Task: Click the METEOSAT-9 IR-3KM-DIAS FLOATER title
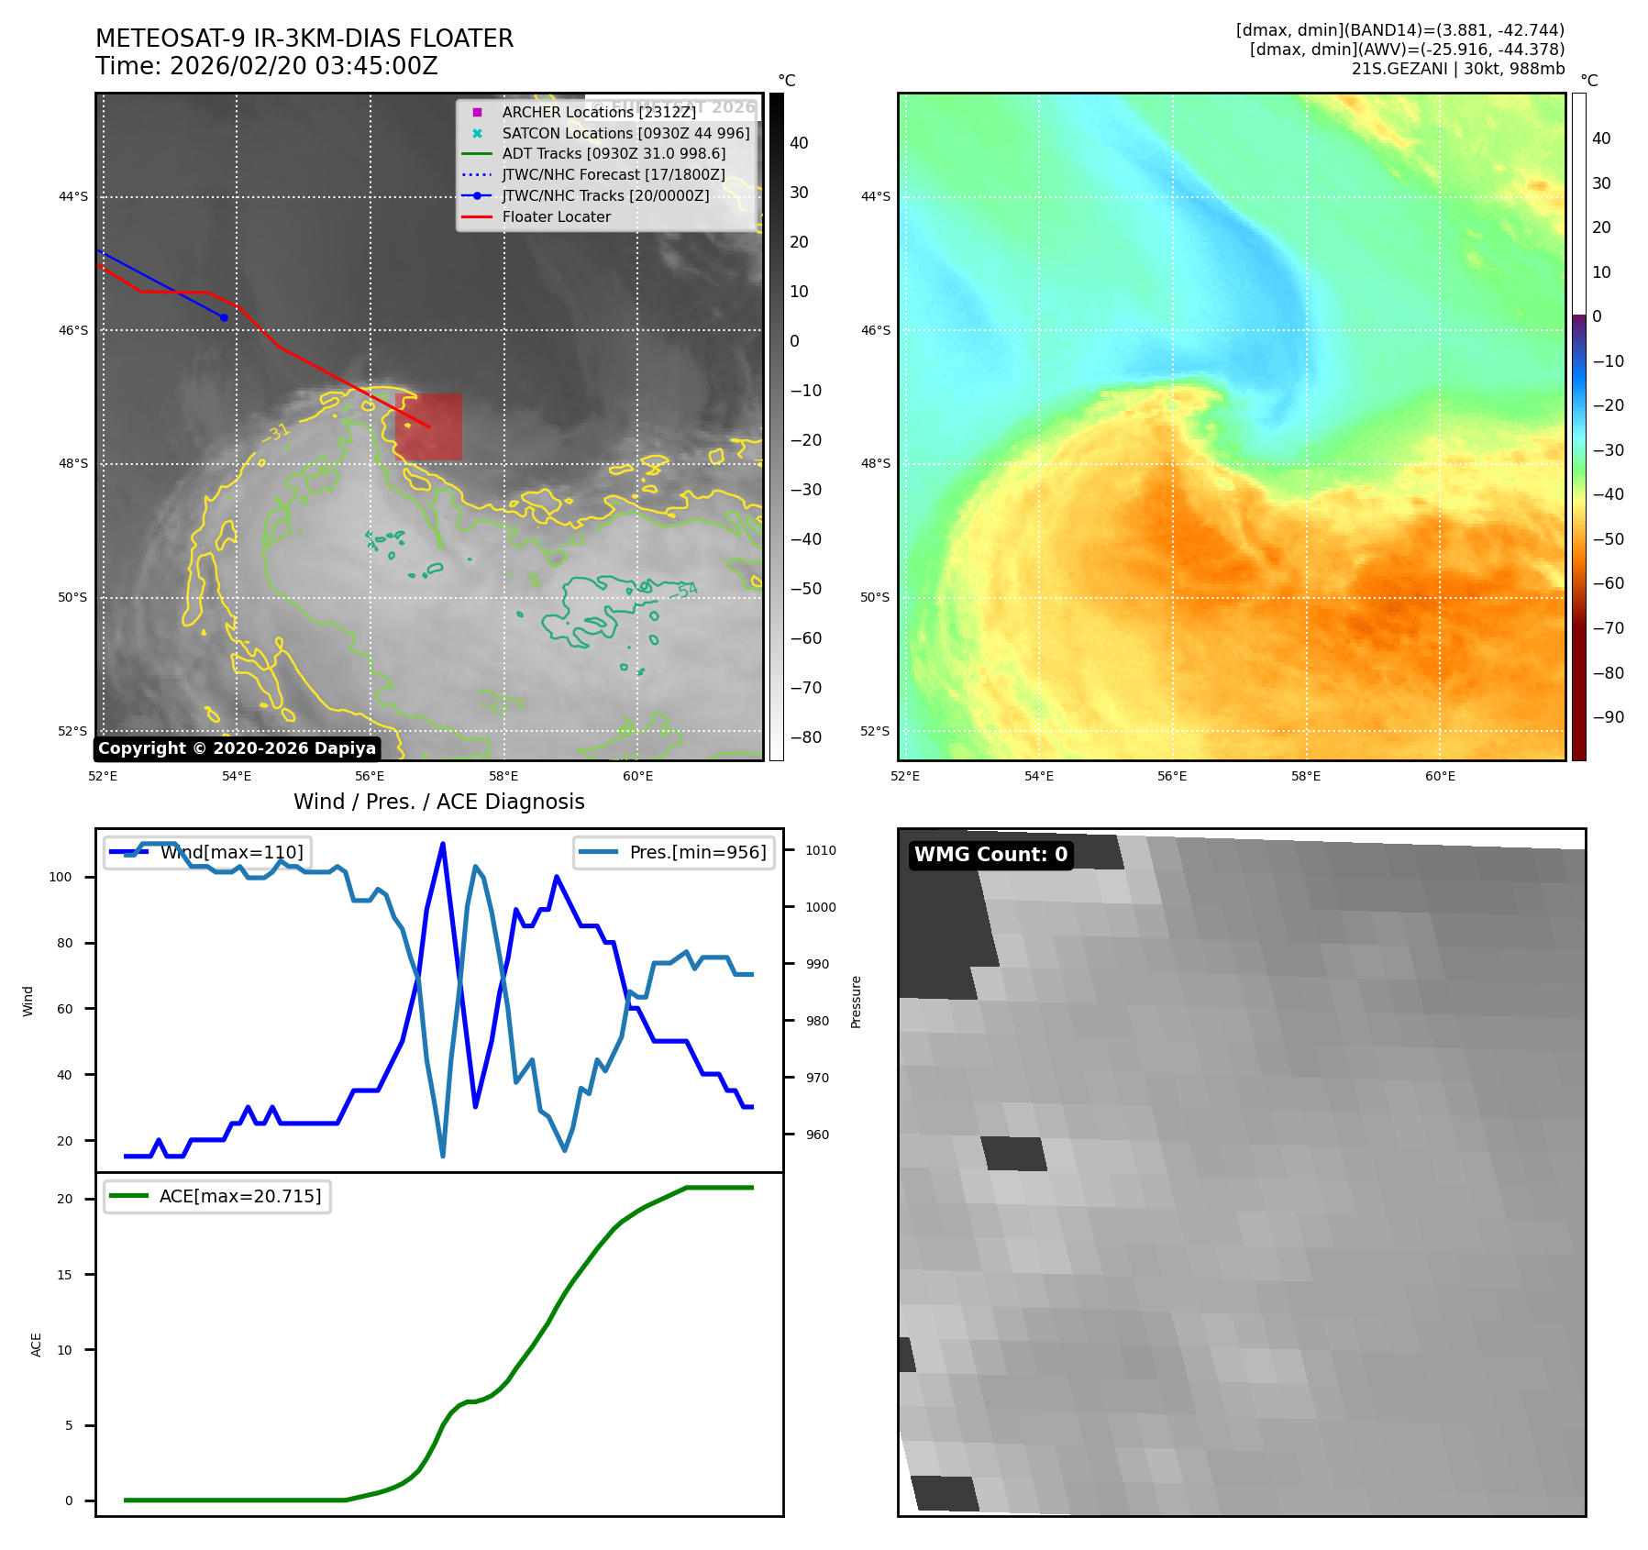(x=304, y=39)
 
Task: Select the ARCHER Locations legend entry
(x=598, y=112)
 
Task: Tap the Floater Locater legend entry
(x=556, y=217)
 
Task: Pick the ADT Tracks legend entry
(x=613, y=154)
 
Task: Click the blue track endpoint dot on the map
(x=224, y=317)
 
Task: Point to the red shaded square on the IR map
(x=428, y=427)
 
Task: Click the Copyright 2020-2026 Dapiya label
(x=237, y=748)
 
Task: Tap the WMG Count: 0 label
(x=990, y=855)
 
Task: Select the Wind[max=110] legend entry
(x=231, y=852)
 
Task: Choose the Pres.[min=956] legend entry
(x=697, y=852)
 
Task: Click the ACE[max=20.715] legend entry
(x=240, y=1196)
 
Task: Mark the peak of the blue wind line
(x=443, y=844)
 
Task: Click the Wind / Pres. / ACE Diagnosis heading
(x=438, y=802)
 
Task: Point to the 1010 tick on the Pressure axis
(x=821, y=850)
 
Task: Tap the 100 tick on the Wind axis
(x=61, y=877)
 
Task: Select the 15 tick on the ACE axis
(x=64, y=1275)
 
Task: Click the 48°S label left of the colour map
(x=875, y=463)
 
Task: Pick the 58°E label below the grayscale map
(x=503, y=776)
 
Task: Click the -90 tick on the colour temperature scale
(x=1608, y=717)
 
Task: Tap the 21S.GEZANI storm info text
(x=1457, y=69)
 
